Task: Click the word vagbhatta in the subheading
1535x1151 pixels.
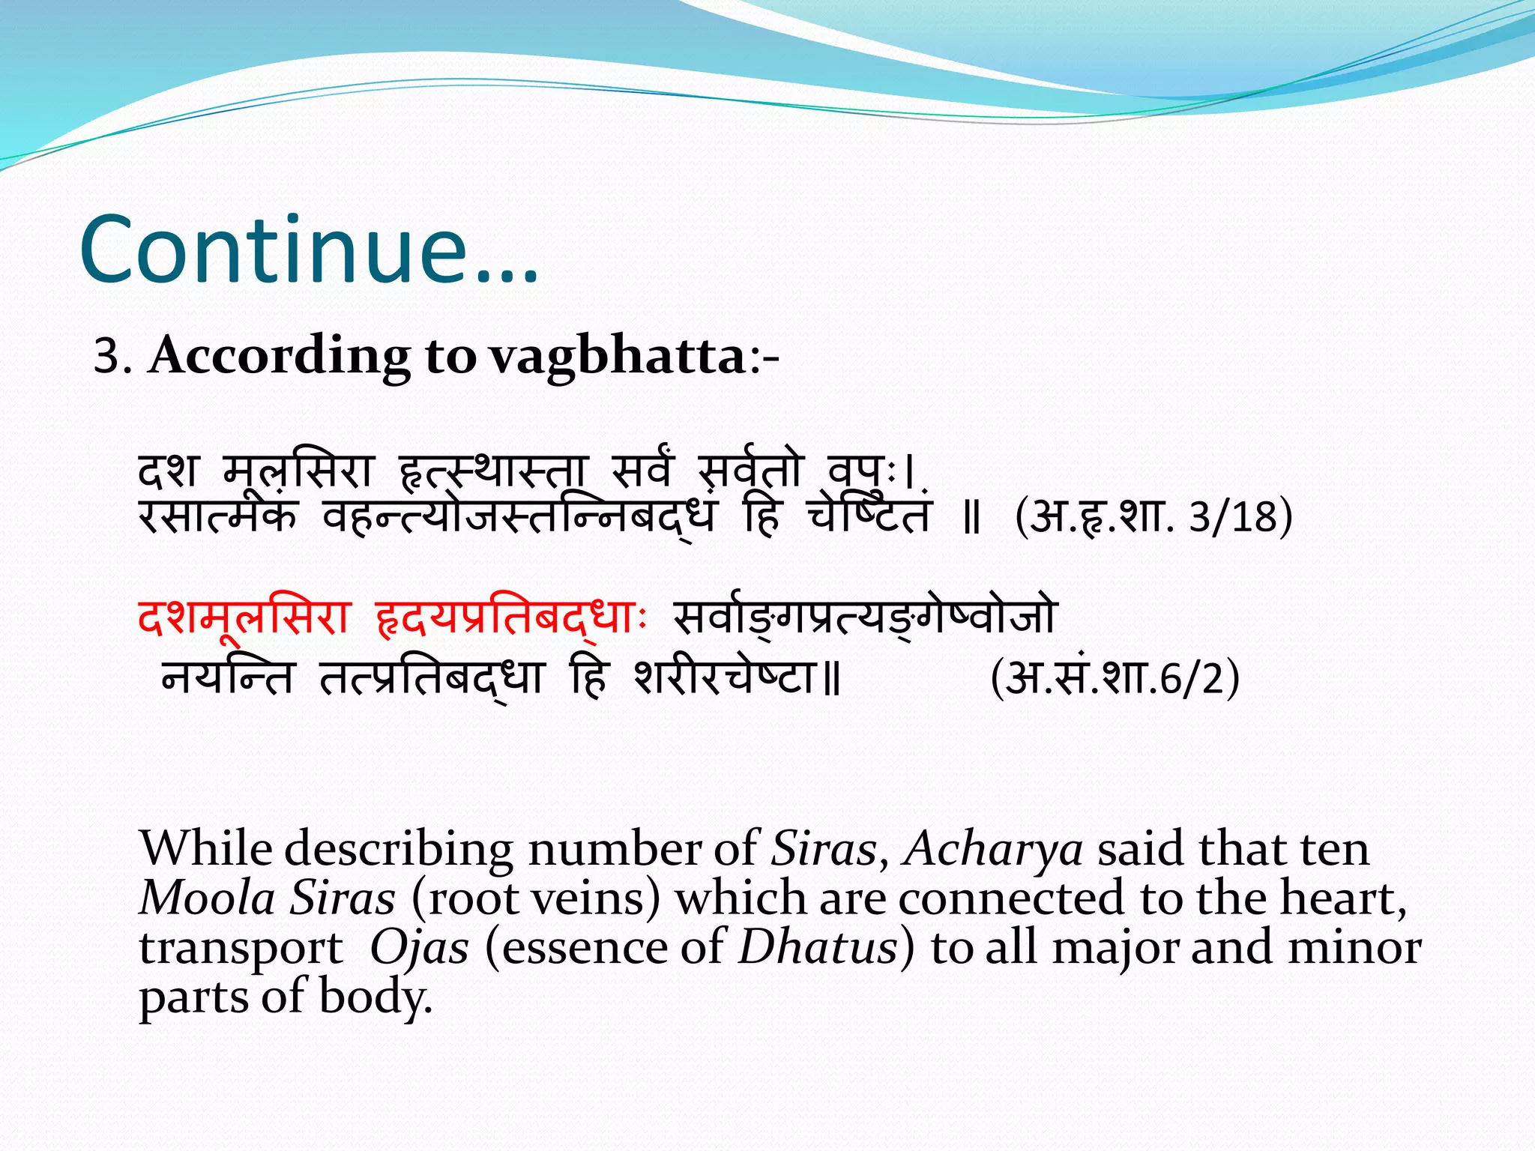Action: [617, 355]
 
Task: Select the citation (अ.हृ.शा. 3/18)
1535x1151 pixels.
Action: [1153, 517]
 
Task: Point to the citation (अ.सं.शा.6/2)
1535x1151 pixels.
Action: [1115, 678]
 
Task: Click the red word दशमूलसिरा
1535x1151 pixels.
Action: [244, 617]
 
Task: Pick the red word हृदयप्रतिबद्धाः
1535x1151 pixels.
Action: [510, 617]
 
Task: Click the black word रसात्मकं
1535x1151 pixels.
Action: [217, 516]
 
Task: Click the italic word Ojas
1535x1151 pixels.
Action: [419, 947]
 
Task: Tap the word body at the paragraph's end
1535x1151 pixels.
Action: [375, 997]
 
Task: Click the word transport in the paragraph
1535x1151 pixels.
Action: [241, 949]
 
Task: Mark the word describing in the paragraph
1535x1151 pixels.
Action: [399, 851]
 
